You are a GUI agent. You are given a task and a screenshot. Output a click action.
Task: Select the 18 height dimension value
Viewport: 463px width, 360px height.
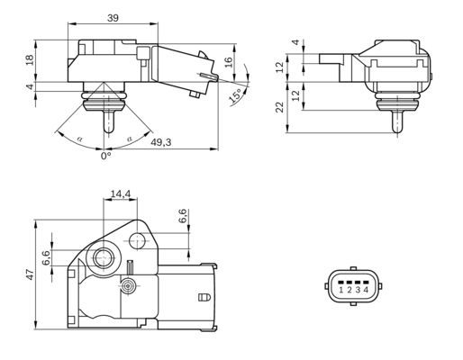pyautogui.click(x=29, y=59)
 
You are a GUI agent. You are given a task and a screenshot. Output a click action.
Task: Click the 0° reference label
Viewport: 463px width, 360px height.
pyautogui.click(x=105, y=156)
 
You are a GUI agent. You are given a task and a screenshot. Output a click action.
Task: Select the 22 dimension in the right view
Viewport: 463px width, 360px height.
pyautogui.click(x=279, y=106)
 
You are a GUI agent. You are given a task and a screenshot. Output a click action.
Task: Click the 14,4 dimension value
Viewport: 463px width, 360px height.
pyautogui.click(x=120, y=194)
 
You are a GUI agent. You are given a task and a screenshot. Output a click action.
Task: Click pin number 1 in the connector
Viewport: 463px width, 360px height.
pyautogui.click(x=340, y=290)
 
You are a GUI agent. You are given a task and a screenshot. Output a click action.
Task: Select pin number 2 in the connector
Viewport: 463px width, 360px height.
pyautogui.click(x=349, y=290)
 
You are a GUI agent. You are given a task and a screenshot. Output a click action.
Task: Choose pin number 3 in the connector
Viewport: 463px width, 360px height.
pyautogui.click(x=357, y=290)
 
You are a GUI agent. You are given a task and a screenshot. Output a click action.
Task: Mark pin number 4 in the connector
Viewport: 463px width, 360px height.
pyautogui.click(x=365, y=290)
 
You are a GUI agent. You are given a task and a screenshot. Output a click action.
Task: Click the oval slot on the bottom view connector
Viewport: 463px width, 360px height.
pyautogui.click(x=202, y=294)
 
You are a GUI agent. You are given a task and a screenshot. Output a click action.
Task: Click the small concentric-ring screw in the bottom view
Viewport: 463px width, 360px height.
pyautogui.click(x=129, y=285)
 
